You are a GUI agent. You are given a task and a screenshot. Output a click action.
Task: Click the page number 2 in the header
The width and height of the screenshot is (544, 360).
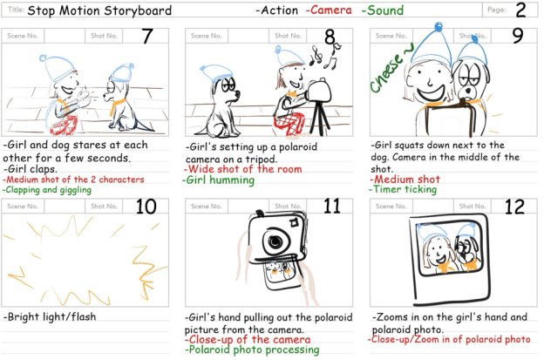(x=520, y=10)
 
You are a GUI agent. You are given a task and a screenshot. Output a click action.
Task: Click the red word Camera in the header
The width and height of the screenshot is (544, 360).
(x=329, y=10)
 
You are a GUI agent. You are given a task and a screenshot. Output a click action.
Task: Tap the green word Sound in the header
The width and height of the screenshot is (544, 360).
(x=383, y=10)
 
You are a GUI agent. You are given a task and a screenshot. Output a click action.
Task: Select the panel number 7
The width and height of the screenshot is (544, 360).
(x=147, y=36)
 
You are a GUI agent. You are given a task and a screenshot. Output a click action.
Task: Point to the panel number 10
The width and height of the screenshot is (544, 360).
(x=146, y=207)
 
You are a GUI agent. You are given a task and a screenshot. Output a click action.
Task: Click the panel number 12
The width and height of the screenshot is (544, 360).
(x=515, y=207)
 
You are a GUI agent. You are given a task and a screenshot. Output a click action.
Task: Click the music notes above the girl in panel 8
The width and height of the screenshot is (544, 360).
(x=324, y=56)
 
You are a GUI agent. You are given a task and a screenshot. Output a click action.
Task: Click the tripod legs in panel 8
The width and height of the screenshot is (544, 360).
(x=320, y=119)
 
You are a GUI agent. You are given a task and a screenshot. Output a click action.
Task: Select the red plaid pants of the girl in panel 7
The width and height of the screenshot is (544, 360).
(x=65, y=125)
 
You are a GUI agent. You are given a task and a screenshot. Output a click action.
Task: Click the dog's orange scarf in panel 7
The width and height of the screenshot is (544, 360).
(x=117, y=105)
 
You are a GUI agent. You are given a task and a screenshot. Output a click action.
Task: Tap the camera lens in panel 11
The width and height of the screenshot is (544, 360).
(x=275, y=241)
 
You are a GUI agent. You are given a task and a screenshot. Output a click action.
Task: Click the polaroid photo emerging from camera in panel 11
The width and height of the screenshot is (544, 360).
(x=280, y=274)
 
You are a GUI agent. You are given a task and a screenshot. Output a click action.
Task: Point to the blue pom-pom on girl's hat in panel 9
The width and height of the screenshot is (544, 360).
(x=439, y=27)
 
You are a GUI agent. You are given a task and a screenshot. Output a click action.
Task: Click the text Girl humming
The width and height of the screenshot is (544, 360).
(x=219, y=180)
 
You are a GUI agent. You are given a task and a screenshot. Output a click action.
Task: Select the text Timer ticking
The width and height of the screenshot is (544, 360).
(x=403, y=189)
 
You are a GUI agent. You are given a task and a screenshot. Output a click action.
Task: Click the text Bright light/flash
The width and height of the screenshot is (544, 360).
(x=50, y=316)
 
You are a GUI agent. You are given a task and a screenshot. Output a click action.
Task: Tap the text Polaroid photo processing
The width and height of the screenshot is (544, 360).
(x=252, y=350)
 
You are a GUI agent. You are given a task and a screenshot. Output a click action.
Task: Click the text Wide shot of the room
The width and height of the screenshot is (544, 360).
(x=243, y=169)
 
